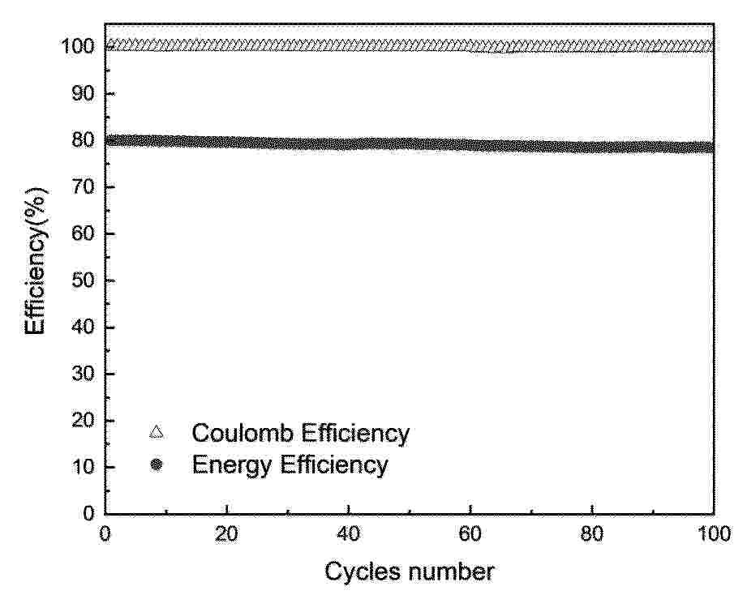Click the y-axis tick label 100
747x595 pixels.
(77, 47)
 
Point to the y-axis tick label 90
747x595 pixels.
(83, 94)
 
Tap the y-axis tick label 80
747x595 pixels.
(83, 140)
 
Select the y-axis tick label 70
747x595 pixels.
(83, 187)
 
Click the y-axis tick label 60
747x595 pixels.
(83, 234)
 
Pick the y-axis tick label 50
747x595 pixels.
(83, 280)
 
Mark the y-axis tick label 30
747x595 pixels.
(83, 375)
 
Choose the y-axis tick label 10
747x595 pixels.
(83, 468)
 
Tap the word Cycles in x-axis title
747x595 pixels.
(363, 572)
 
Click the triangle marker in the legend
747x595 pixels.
(157, 433)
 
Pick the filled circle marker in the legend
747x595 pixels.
(157, 465)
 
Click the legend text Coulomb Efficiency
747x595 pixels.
(300, 433)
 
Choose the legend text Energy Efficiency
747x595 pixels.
(290, 465)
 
